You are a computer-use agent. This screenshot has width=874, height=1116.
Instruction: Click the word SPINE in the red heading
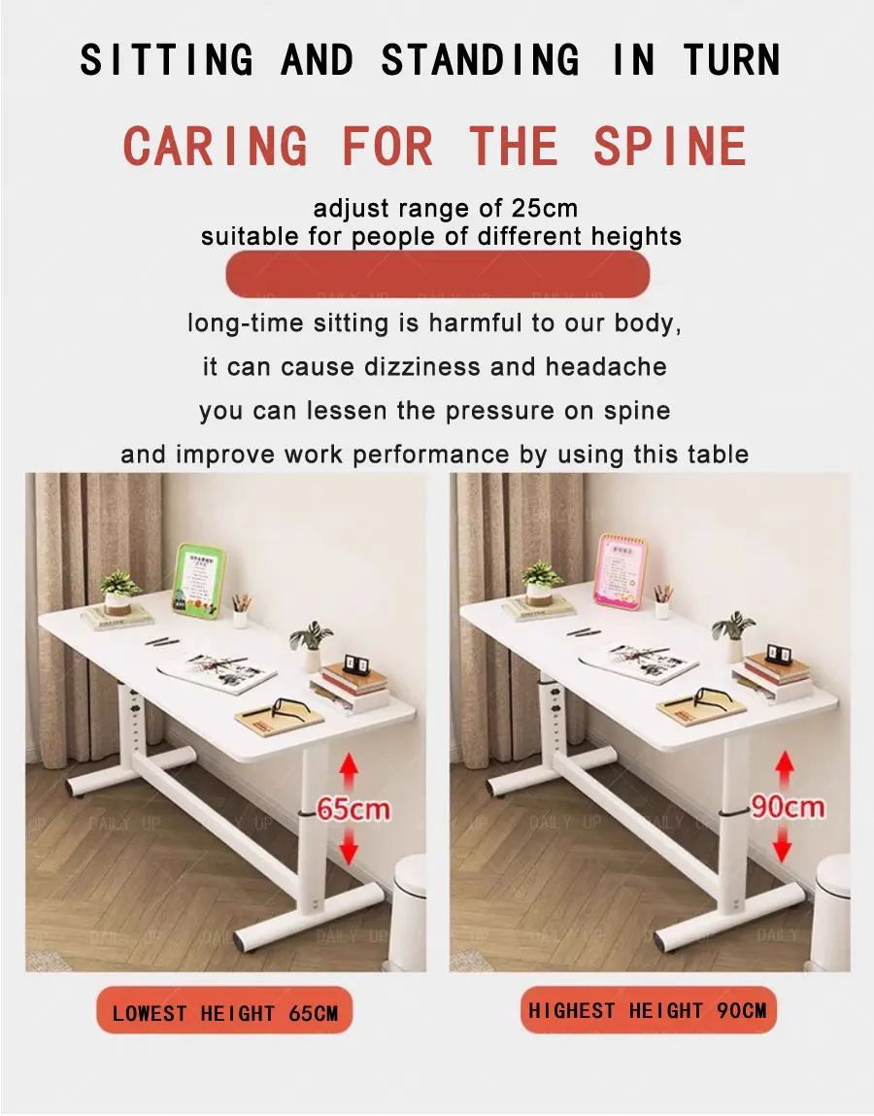coord(669,147)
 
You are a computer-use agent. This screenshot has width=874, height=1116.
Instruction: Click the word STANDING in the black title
coord(480,60)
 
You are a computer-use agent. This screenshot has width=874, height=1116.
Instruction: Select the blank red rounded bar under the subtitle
coord(438,275)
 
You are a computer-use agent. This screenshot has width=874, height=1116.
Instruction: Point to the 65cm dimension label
coord(353,808)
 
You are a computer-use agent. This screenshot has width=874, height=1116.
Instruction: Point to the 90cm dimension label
coord(787,806)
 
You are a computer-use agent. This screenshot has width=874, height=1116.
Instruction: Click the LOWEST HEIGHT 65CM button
coord(224,1013)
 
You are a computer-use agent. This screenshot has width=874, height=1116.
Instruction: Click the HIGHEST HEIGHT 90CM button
coord(648,1010)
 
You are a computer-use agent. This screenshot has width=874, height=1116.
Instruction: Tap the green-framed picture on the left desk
coord(198,579)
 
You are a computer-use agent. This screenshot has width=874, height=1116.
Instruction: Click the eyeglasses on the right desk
coord(702,701)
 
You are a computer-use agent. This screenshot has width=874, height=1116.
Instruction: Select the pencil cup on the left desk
coord(241,613)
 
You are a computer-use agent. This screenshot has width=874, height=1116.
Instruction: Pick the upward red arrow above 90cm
coord(785,770)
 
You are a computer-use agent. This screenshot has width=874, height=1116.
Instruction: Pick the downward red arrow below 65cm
coord(350,847)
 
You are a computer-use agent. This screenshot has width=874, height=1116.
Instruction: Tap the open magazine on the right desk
coord(638,662)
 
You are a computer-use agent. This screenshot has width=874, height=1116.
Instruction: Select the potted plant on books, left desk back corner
coord(119,594)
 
